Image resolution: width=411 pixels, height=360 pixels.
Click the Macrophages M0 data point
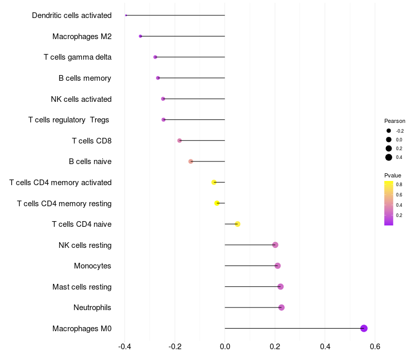tap(364, 328)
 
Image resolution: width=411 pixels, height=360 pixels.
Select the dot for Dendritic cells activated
tap(126, 15)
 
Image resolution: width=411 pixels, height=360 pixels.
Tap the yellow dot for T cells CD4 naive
tap(237, 224)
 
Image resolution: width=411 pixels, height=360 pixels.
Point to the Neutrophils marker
tap(281, 308)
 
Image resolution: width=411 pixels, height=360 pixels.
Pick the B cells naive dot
tap(191, 161)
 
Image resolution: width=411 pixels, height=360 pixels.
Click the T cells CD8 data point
tap(179, 140)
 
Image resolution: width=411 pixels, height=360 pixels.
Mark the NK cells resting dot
tap(275, 245)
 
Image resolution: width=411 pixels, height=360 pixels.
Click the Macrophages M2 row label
tap(82, 37)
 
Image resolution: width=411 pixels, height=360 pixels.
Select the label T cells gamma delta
tap(78, 57)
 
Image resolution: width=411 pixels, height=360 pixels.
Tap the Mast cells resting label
tap(82, 286)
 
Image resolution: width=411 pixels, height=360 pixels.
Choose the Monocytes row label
tap(92, 266)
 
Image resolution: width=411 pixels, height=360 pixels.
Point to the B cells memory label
tap(85, 78)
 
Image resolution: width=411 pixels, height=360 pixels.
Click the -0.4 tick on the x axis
tap(124, 346)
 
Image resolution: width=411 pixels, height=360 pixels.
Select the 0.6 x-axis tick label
tap(375, 346)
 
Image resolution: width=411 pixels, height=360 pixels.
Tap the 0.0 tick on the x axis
tap(225, 346)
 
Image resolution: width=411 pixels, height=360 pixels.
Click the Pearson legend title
tap(395, 121)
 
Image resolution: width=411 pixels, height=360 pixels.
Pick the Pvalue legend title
tap(393, 175)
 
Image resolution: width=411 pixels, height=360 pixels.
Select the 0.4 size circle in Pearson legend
tap(389, 157)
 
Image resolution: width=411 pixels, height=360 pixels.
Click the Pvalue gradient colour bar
tap(389, 203)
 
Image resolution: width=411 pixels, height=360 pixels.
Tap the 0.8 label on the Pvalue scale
tap(399, 184)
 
